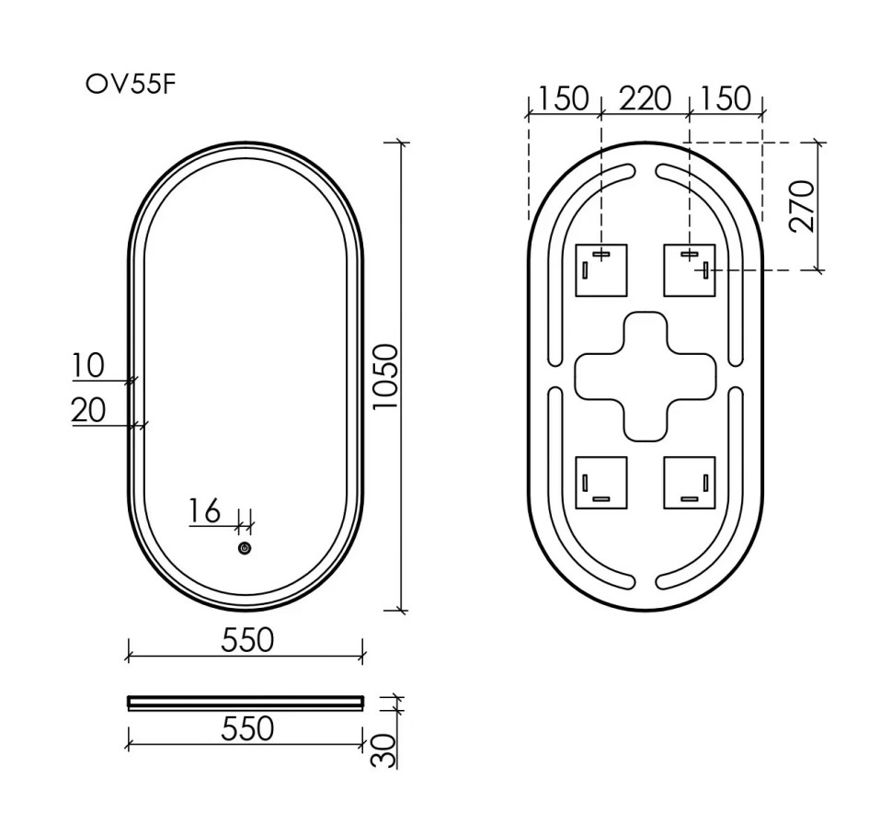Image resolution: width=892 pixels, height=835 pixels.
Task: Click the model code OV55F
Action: (x=130, y=85)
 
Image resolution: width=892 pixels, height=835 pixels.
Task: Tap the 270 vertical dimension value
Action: (x=802, y=206)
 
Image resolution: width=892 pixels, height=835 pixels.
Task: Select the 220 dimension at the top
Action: (x=644, y=97)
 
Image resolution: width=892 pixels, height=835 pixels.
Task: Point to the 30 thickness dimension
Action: (x=387, y=749)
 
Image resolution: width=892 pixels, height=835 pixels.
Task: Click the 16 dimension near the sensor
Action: (x=205, y=510)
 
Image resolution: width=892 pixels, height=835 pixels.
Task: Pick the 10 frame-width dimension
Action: (x=88, y=365)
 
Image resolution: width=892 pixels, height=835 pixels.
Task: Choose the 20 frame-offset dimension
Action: (x=88, y=410)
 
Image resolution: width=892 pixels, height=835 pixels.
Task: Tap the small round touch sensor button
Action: (x=245, y=548)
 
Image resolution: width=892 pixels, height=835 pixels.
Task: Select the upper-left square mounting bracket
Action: (x=600, y=270)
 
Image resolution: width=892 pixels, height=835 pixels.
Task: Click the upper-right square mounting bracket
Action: (x=689, y=270)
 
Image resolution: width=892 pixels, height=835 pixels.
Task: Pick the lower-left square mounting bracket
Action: (x=600, y=482)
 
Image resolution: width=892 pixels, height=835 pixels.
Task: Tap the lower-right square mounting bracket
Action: (x=689, y=482)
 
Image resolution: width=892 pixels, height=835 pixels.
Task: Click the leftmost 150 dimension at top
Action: (x=563, y=97)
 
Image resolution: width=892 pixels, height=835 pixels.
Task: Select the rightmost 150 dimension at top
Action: (x=726, y=97)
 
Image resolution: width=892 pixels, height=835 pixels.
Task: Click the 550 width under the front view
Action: (x=246, y=639)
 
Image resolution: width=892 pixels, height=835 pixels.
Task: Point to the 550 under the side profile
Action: (x=246, y=728)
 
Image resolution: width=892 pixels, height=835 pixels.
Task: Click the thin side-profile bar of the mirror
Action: (x=246, y=703)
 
